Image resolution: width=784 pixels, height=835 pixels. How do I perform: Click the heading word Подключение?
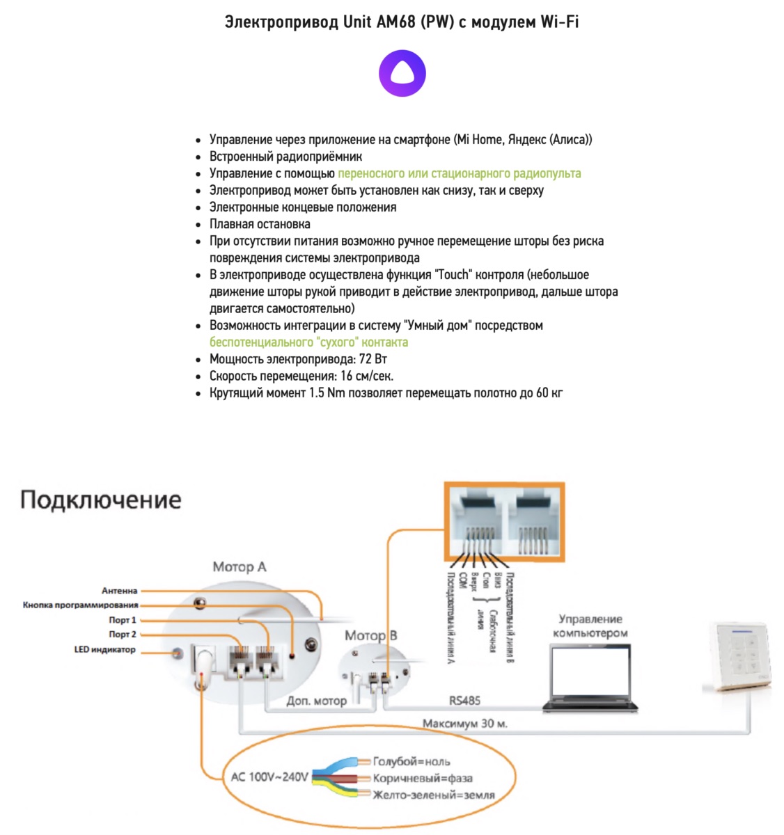[101, 500]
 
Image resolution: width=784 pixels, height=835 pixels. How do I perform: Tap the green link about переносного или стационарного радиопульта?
[459, 173]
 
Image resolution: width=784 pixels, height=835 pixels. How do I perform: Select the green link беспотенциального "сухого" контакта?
[308, 342]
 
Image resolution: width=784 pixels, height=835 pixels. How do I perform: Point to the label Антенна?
[120, 591]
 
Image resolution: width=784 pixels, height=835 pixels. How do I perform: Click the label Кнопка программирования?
[81, 605]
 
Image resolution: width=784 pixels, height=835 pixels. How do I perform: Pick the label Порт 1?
[123, 620]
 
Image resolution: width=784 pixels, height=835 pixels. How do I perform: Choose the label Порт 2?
[123, 635]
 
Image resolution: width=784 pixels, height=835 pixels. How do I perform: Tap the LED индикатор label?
[105, 650]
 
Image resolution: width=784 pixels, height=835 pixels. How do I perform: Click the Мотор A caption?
[240, 567]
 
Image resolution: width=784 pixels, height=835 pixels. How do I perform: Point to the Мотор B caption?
[371, 635]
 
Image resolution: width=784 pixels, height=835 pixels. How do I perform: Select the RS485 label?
[464, 700]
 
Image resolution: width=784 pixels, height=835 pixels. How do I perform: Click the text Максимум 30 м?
[465, 724]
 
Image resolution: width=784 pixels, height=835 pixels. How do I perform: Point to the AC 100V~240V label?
[269, 777]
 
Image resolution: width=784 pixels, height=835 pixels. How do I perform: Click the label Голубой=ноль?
[411, 761]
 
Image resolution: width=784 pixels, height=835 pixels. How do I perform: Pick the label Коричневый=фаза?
[423, 778]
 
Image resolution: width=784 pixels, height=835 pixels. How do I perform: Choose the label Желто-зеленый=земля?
[434, 795]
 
